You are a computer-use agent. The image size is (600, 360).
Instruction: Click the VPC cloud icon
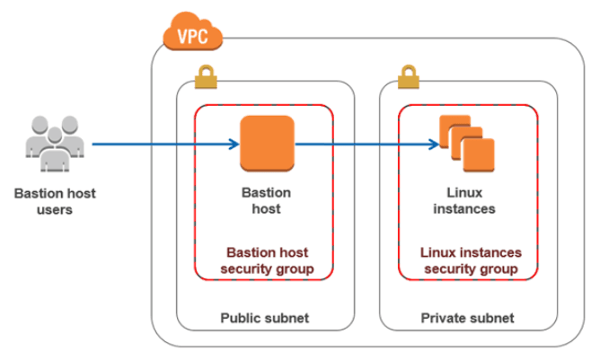pos(191,34)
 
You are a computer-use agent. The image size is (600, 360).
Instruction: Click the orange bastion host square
pos(267,144)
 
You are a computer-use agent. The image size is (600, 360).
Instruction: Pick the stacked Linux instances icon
pos(466,143)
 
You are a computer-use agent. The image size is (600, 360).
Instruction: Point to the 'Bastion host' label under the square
pos(267,200)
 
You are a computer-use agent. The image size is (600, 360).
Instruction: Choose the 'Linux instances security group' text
pos(470,260)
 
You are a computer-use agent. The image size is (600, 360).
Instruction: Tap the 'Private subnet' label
pos(467,318)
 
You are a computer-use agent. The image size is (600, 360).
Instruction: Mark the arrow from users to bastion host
pos(162,144)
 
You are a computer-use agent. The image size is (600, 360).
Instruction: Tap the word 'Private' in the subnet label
pos(444,318)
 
